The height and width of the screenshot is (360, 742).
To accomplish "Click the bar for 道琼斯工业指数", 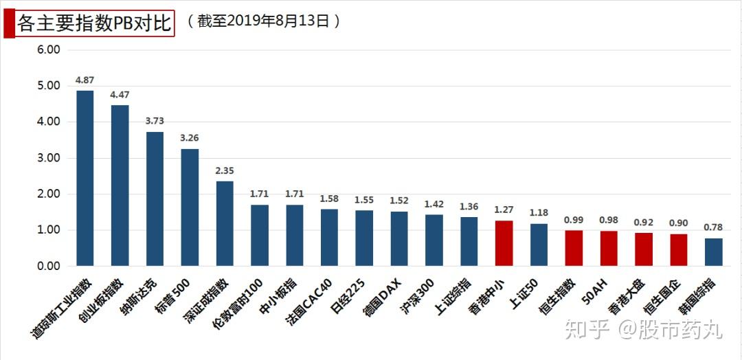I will [85, 178].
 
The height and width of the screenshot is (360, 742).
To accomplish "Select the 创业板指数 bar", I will [120, 185].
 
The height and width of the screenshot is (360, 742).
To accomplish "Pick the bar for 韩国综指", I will [714, 251].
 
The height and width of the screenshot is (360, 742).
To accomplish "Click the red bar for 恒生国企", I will [679, 249].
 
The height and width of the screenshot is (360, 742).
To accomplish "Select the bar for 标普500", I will [190, 207].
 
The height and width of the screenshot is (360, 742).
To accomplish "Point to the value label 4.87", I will [85, 81].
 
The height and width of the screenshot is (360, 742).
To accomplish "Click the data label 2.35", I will [225, 171].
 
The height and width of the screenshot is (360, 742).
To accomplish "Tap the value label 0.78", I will [714, 227].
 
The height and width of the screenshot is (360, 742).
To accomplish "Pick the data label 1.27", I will [504, 210].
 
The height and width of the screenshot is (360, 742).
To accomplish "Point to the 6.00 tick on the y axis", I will [49, 50].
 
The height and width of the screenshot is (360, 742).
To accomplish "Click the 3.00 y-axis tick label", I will [49, 158].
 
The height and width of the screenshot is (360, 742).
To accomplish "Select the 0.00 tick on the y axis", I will [49, 266].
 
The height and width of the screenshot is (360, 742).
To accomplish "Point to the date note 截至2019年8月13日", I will [262, 21].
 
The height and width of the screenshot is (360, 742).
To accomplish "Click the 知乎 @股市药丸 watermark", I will [643, 330].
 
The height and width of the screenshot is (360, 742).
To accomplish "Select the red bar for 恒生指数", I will [574, 248].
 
